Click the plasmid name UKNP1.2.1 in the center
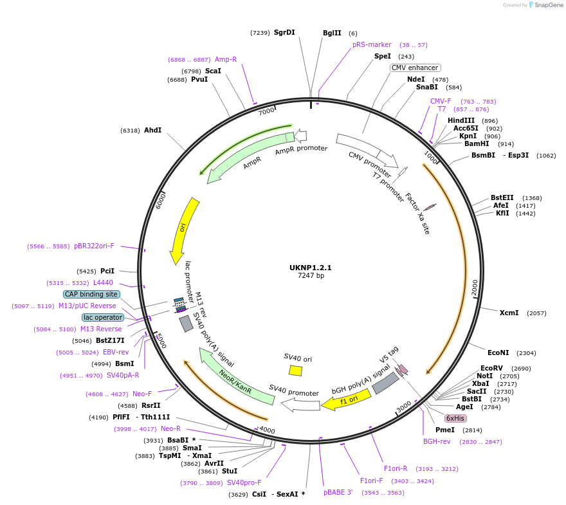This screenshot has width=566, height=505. [311, 268]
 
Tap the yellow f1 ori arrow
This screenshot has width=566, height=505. [347, 400]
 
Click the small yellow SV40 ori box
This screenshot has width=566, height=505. [295, 371]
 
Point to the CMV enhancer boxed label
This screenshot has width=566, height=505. [415, 68]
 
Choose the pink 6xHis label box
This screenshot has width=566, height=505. [455, 418]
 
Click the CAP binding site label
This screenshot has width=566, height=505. [91, 294]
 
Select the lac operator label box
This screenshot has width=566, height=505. [102, 317]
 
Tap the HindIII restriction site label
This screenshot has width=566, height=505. [461, 121]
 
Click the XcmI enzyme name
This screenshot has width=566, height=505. [509, 313]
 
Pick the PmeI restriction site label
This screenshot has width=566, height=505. [445, 430]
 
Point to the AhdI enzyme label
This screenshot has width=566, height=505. [152, 130]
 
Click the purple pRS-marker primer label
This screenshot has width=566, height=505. [372, 45]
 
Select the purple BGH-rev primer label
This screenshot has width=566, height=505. [437, 442]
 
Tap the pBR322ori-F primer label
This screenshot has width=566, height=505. [94, 246]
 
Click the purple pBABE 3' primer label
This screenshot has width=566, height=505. [338, 492]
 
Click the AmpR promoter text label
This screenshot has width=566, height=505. [301, 150]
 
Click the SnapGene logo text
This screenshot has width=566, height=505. [547, 5]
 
